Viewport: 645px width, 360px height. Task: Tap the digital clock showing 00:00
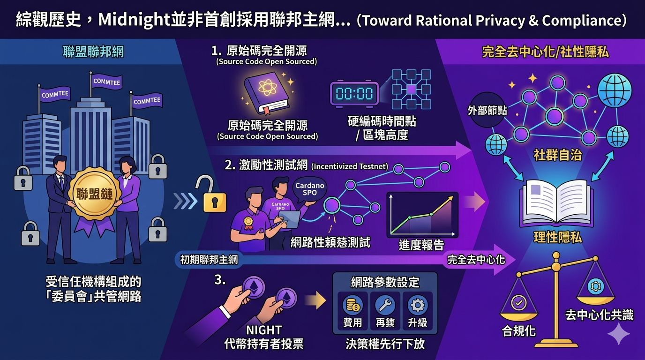pyautogui.click(x=354, y=93)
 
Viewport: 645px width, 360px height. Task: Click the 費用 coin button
pyautogui.click(x=352, y=310)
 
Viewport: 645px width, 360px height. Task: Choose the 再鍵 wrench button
pyautogui.click(x=385, y=310)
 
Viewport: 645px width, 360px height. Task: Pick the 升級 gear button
pyautogui.click(x=417, y=310)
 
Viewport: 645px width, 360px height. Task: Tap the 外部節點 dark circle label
pyautogui.click(x=487, y=111)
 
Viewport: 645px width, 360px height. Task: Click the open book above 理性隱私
pyautogui.click(x=557, y=202)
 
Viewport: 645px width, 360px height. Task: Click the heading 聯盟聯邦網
pyautogui.click(x=93, y=52)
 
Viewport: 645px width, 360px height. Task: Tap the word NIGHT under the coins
pyautogui.click(x=264, y=330)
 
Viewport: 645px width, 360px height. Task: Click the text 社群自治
pyautogui.click(x=557, y=155)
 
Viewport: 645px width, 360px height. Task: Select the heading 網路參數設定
pyautogui.click(x=385, y=282)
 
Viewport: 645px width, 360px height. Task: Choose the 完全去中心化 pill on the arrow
pyautogui.click(x=476, y=259)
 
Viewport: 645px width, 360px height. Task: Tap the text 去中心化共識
pyautogui.click(x=599, y=315)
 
